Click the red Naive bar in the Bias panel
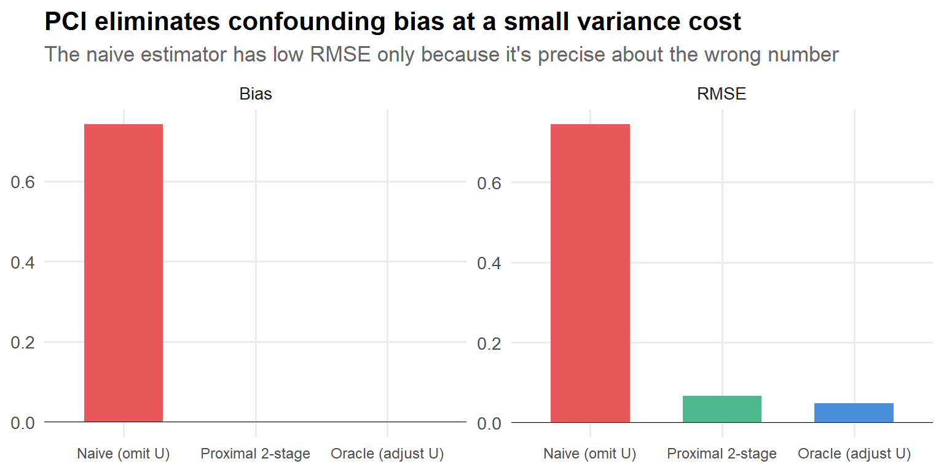pyautogui.click(x=123, y=273)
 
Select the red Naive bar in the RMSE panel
pyautogui.click(x=590, y=273)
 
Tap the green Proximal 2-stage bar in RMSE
pyautogui.click(x=722, y=409)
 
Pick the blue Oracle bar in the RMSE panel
pyautogui.click(x=854, y=412)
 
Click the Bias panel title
pyautogui.click(x=256, y=94)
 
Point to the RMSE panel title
pyautogui.click(x=722, y=94)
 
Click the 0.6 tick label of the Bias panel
pyautogui.click(x=22, y=183)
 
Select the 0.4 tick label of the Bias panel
pyautogui.click(x=22, y=262)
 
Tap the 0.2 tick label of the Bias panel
pyautogui.click(x=22, y=342)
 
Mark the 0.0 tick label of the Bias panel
pyautogui.click(x=22, y=423)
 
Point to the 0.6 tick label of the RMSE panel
pyautogui.click(x=489, y=183)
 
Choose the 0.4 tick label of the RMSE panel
pyautogui.click(x=489, y=262)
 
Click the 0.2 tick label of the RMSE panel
pyautogui.click(x=489, y=342)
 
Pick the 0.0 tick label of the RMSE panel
pyautogui.click(x=489, y=423)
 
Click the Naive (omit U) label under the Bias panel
pyautogui.click(x=123, y=454)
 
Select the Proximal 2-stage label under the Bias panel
pyautogui.click(x=256, y=454)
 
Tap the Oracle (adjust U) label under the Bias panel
pyautogui.click(x=387, y=454)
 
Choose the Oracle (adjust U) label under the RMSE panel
pyautogui.click(x=854, y=454)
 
